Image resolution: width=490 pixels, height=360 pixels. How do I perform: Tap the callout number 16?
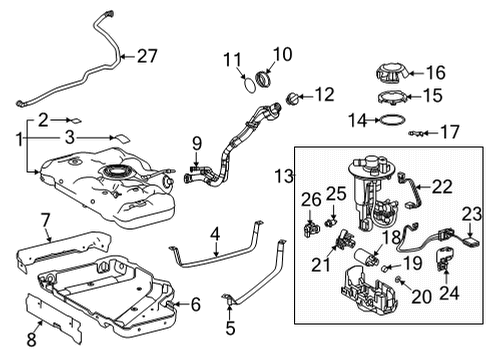[434, 73]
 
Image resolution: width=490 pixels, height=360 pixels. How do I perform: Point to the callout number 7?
[46, 219]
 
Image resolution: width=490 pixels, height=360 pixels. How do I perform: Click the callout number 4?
[214, 237]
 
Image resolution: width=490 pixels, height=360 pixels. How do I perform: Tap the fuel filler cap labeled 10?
[267, 76]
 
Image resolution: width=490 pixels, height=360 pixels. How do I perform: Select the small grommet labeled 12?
[292, 98]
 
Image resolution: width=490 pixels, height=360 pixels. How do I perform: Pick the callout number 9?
[197, 142]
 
